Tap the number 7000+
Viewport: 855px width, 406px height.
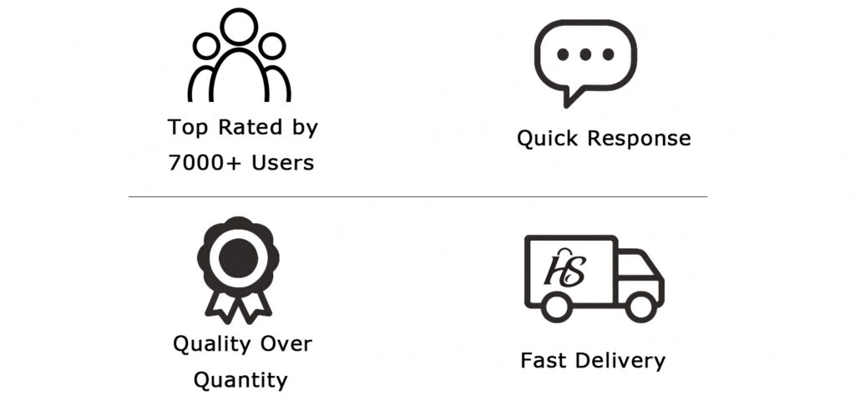coord(204,163)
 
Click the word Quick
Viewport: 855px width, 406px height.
coord(547,139)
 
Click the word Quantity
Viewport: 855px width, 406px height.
coord(240,380)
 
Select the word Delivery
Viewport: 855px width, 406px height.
coord(620,361)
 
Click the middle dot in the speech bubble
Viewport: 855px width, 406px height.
coord(585,54)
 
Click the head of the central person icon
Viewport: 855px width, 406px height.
coord(239,26)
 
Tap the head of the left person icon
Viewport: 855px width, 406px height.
coord(207,46)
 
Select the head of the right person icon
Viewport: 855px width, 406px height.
coord(271,46)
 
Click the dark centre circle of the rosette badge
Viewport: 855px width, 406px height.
coord(238,257)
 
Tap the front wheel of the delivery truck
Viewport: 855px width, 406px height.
coord(640,307)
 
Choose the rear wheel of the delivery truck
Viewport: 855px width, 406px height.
coord(557,307)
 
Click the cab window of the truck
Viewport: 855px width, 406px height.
coord(637,267)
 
